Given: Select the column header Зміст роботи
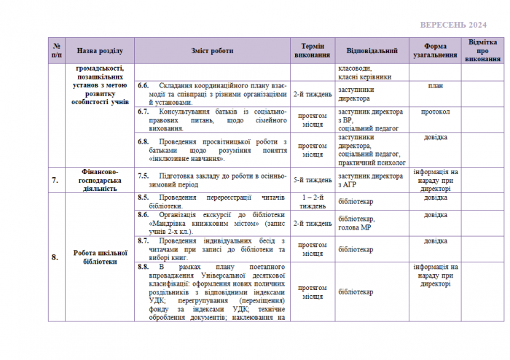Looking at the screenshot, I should point(212,51).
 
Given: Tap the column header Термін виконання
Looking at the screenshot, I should point(313,51).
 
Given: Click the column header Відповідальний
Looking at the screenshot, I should point(372,51).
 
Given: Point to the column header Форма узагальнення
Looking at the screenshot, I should point(436,51).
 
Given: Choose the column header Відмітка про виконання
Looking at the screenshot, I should point(484,51).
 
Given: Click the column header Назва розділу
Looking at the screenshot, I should point(101,51).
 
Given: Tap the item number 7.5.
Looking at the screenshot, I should point(144,176).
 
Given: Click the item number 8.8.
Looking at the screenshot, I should point(144,267).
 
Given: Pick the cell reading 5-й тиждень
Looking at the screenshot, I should point(313,180).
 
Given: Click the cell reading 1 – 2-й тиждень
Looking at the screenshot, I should point(313,201).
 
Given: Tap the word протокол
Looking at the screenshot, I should point(436,112).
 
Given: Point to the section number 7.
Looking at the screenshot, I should point(55,180).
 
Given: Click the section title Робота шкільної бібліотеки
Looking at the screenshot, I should point(101,257).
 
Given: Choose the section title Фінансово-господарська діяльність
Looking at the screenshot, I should point(101,180).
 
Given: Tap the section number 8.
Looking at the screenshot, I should point(55,257).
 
